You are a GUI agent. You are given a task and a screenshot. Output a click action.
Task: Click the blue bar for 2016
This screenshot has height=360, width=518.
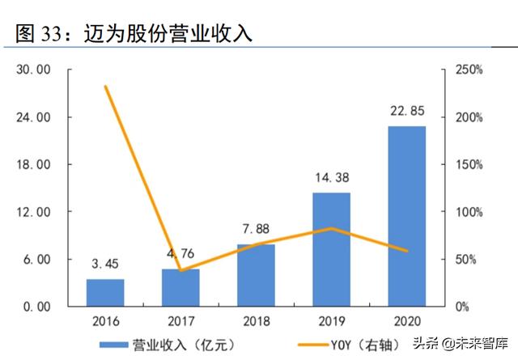coord(105,293)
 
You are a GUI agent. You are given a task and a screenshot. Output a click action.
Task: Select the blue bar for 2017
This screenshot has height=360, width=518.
coord(180,288)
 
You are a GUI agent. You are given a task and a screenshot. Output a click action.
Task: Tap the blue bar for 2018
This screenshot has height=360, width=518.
coord(256,275)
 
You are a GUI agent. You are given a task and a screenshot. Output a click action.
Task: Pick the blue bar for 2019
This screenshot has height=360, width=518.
coord(331,249)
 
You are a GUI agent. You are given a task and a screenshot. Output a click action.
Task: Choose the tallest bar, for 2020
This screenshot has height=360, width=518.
coord(406,216)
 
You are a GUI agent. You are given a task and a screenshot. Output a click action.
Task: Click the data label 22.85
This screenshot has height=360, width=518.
coord(406,111)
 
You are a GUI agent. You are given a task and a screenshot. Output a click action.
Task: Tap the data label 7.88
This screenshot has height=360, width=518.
coord(256,230)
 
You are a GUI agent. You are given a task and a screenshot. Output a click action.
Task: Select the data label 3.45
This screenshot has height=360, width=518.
coord(105,265)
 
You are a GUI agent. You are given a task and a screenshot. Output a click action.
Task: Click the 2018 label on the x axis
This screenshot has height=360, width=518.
coord(256,321)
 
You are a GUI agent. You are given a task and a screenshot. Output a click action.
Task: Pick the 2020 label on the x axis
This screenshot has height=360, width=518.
coord(406,321)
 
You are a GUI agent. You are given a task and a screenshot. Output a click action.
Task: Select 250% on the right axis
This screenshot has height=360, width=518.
coord(468,70)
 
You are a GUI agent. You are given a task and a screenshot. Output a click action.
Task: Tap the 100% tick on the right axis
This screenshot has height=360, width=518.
coord(468,212)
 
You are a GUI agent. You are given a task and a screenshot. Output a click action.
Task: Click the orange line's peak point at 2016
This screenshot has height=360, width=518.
coord(105,87)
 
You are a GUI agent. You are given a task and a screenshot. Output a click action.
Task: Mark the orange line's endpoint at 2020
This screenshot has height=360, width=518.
coord(406,251)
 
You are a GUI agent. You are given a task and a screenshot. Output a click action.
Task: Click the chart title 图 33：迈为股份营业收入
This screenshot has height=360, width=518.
coord(134,34)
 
